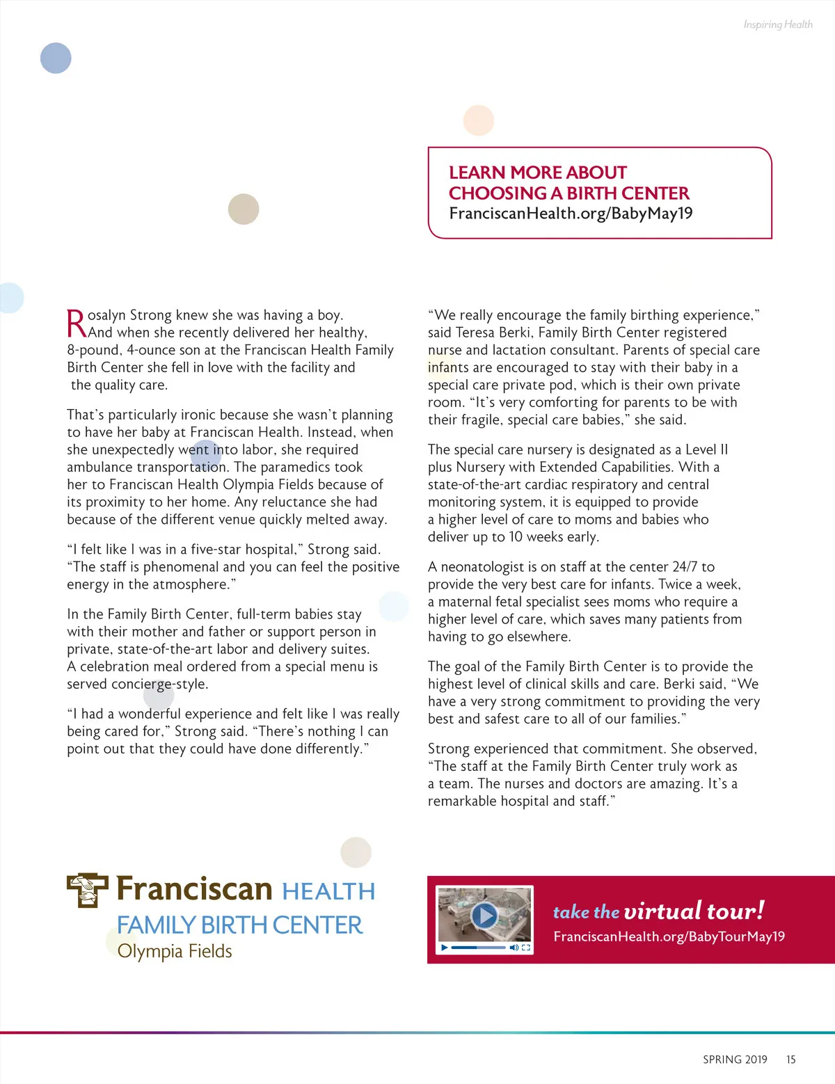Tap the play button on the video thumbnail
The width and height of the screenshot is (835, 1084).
point(484,916)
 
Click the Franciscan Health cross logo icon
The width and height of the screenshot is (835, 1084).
point(87,890)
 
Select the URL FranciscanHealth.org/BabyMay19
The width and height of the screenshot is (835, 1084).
point(571,214)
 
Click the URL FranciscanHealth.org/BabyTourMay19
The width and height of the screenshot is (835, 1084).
point(669,936)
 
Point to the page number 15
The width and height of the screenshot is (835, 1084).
point(790,1060)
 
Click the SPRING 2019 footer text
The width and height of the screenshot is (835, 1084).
point(735,1060)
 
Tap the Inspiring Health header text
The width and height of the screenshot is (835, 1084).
point(777,24)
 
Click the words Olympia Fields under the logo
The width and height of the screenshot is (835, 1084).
point(175,951)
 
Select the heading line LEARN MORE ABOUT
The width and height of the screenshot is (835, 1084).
point(537,173)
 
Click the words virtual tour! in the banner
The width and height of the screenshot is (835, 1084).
point(694,911)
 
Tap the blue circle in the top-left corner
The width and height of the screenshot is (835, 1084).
point(56,58)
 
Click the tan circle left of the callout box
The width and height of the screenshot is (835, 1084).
point(244,209)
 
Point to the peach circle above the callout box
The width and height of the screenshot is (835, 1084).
point(479,120)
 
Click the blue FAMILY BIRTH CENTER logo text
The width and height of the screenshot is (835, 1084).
point(239,925)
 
